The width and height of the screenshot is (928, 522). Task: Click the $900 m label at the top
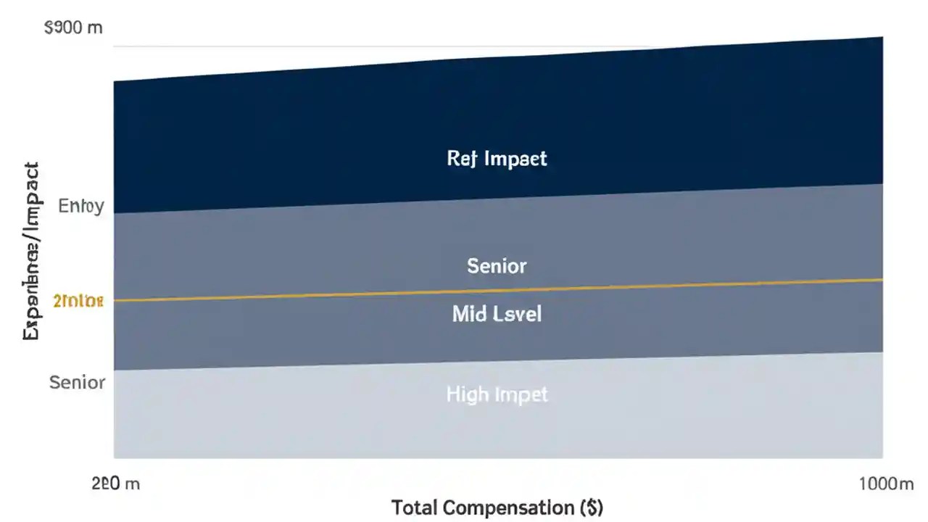pos(73,28)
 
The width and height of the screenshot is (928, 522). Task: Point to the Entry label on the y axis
pos(81,206)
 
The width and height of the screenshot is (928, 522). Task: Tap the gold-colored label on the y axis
pos(78,301)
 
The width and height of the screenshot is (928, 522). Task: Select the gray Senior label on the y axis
pos(78,382)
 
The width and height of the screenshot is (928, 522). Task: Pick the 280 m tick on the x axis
pos(115,484)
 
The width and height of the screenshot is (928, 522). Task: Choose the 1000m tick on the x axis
pos(885,484)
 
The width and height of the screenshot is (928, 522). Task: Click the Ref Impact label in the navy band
pos(497,159)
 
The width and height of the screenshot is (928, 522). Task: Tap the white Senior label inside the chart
pos(497,266)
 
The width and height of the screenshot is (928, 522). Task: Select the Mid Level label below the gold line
pos(497,314)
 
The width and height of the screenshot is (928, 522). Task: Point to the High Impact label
pos(497,394)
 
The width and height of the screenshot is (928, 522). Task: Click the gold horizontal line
pos(652,287)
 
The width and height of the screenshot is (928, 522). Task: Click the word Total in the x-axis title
pos(414,507)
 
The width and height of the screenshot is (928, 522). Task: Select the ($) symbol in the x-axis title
pos(592,507)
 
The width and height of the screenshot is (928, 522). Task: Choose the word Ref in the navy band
pos(461,159)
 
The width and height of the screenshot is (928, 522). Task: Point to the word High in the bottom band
pos(466,394)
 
